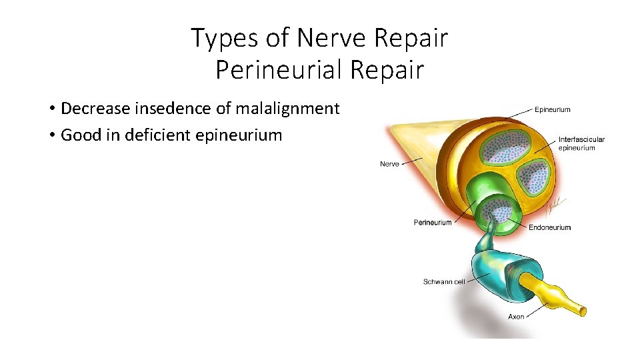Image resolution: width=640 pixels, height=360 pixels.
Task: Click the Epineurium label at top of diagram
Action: coord(553,110)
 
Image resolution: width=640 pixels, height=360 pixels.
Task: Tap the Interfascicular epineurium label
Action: coord(581,143)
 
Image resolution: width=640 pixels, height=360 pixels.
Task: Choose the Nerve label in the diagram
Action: coord(389,163)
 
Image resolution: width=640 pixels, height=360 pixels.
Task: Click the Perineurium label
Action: coord(433,223)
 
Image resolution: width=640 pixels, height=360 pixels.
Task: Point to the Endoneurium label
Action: coord(550,227)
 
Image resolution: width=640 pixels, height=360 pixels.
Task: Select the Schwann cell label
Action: coord(444,282)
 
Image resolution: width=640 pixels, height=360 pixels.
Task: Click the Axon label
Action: coord(516,317)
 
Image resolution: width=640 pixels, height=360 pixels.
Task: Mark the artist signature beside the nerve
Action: coord(555,206)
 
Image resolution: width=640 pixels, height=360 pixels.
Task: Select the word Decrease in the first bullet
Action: coord(92,108)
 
